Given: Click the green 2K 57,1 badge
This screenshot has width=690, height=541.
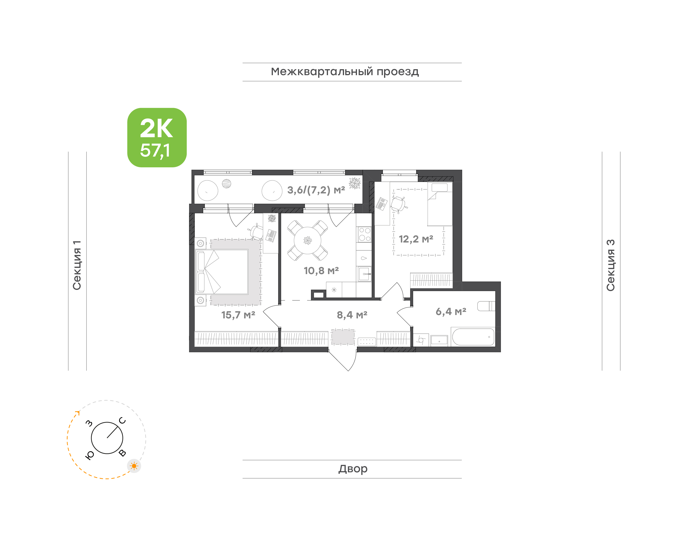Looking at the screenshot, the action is (x=157, y=137).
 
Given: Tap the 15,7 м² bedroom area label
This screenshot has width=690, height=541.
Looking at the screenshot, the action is (x=238, y=315).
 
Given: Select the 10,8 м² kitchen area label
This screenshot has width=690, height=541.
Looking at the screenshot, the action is (x=321, y=270).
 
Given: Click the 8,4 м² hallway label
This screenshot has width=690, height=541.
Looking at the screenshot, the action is (x=352, y=315).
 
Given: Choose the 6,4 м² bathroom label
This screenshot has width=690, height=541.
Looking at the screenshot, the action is (x=451, y=312).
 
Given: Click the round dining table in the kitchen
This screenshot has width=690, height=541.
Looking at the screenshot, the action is (x=307, y=240).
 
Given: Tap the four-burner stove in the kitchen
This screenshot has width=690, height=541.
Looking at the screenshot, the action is (x=364, y=234).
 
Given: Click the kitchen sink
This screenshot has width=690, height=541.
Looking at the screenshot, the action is (x=364, y=274).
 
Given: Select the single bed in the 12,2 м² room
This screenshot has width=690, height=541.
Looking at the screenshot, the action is (x=440, y=204).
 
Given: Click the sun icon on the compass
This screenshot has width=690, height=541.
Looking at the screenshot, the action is (x=134, y=466).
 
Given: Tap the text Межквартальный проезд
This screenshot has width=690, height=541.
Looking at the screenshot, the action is (x=345, y=72).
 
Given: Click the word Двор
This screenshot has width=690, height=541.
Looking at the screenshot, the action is (x=353, y=469).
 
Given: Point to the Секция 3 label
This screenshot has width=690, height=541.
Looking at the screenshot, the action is (x=610, y=265).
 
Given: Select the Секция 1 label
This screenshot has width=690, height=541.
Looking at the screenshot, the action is (x=77, y=265).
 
